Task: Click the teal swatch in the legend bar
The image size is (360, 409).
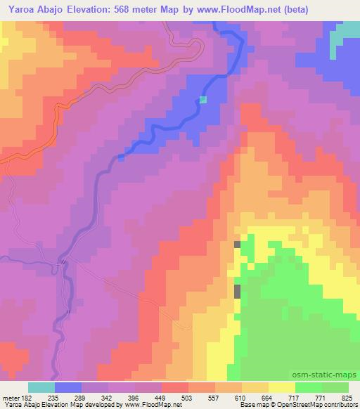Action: (x=41, y=387)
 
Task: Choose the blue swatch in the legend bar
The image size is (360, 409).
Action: (x=68, y=387)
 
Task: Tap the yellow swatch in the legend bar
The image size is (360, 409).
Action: (x=282, y=387)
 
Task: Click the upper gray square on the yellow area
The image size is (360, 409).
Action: (x=237, y=245)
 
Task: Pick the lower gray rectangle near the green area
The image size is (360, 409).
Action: (x=237, y=291)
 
